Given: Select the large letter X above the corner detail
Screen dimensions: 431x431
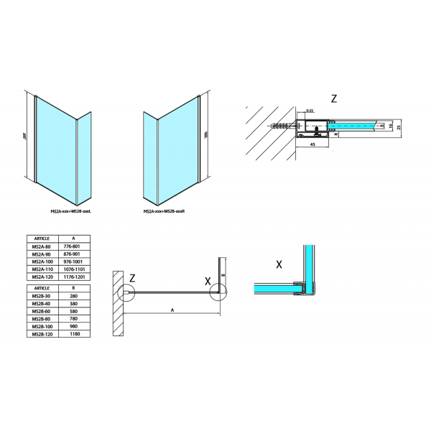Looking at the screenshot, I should (x=279, y=264).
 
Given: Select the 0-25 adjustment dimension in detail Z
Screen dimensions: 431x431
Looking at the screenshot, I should (x=310, y=111).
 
